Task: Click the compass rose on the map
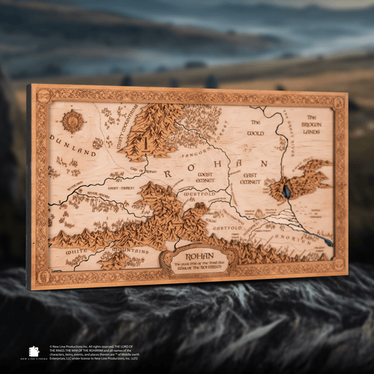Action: tap(72, 121)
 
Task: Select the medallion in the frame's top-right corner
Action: tap(338, 103)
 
